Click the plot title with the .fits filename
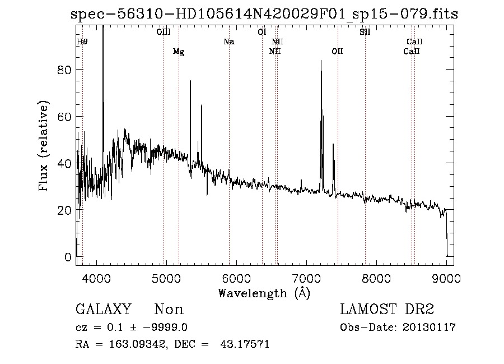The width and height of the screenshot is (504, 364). [x=264, y=14]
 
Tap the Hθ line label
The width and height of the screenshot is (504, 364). [x=82, y=42]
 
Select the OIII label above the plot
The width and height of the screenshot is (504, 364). [x=164, y=32]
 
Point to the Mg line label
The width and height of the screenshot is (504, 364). [x=179, y=52]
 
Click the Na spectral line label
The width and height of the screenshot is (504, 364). [x=228, y=42]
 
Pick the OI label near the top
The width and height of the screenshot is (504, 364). [x=262, y=32]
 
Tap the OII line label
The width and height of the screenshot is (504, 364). [x=337, y=52]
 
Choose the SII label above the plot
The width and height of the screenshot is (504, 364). [x=365, y=32]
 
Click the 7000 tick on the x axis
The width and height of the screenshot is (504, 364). [x=306, y=278]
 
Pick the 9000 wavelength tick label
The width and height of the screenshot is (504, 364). [x=446, y=278]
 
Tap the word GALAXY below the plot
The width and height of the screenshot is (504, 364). [x=104, y=310]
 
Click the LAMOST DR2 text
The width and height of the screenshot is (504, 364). [x=387, y=310]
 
